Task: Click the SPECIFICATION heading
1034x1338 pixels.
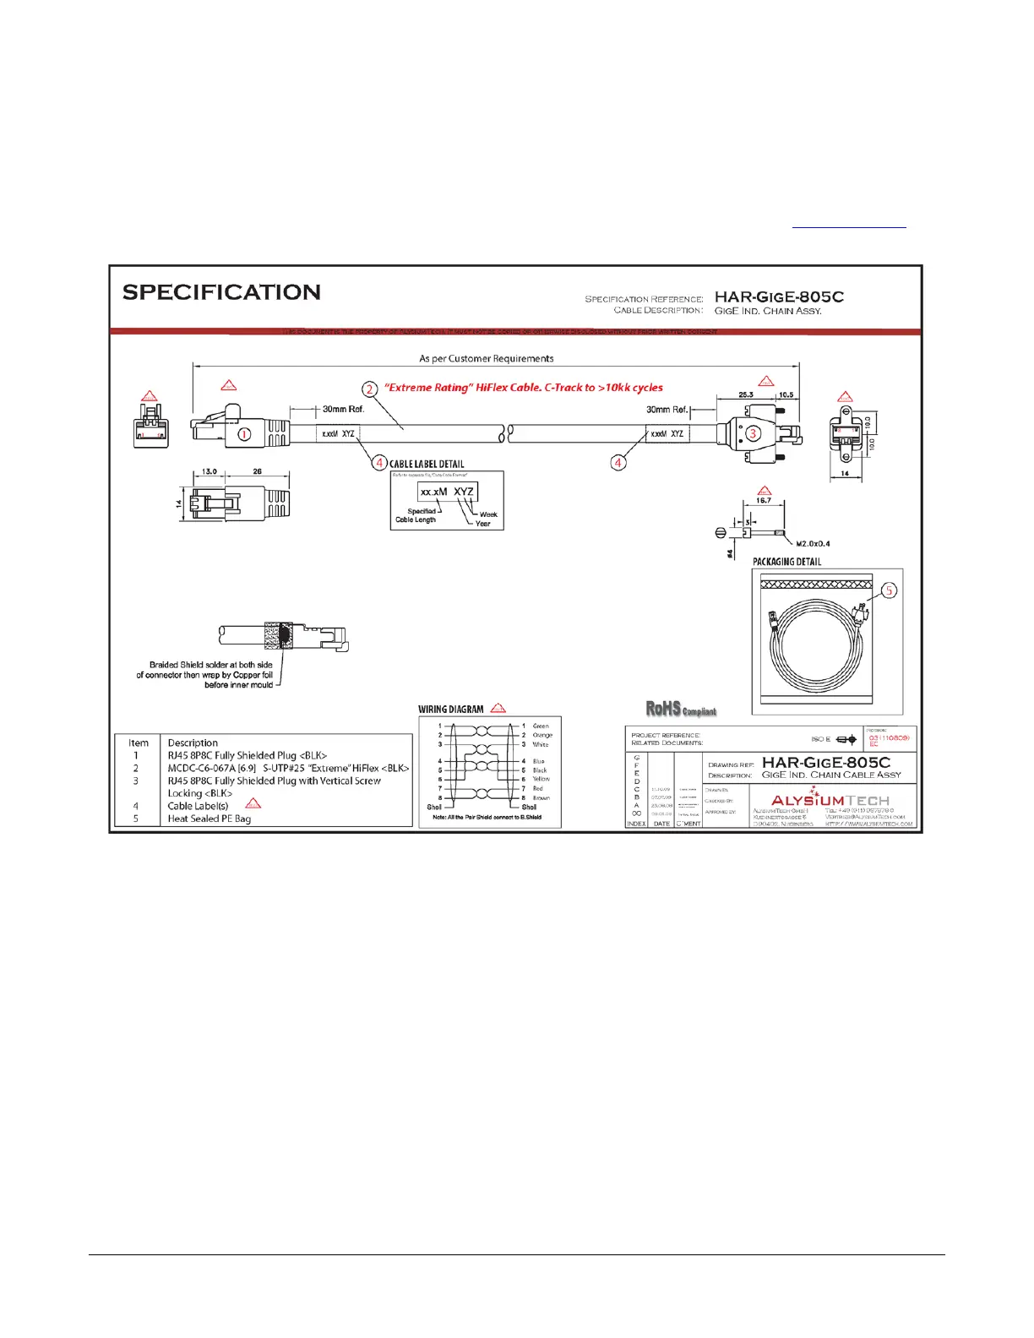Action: (221, 292)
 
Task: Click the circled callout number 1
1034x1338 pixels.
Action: (244, 434)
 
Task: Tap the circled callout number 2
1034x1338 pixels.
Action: (370, 389)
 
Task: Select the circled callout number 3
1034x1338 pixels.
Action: (752, 433)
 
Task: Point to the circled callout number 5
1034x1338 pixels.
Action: (890, 591)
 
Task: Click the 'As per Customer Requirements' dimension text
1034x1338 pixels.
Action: (487, 358)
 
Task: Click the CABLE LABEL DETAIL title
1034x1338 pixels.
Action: (427, 464)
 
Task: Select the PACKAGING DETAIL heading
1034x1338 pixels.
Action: (786, 562)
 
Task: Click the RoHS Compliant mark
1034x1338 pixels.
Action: (681, 710)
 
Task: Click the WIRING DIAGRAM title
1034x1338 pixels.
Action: (451, 710)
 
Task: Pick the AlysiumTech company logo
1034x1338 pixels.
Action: (830, 799)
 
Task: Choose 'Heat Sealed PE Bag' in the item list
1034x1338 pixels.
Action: (209, 819)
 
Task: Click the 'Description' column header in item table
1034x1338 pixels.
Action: (193, 743)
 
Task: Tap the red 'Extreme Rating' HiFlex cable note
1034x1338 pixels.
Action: (524, 388)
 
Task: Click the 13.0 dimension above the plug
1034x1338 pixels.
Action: (210, 472)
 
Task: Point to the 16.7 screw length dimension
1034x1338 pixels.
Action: (764, 500)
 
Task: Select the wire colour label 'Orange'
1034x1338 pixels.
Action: (542, 735)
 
